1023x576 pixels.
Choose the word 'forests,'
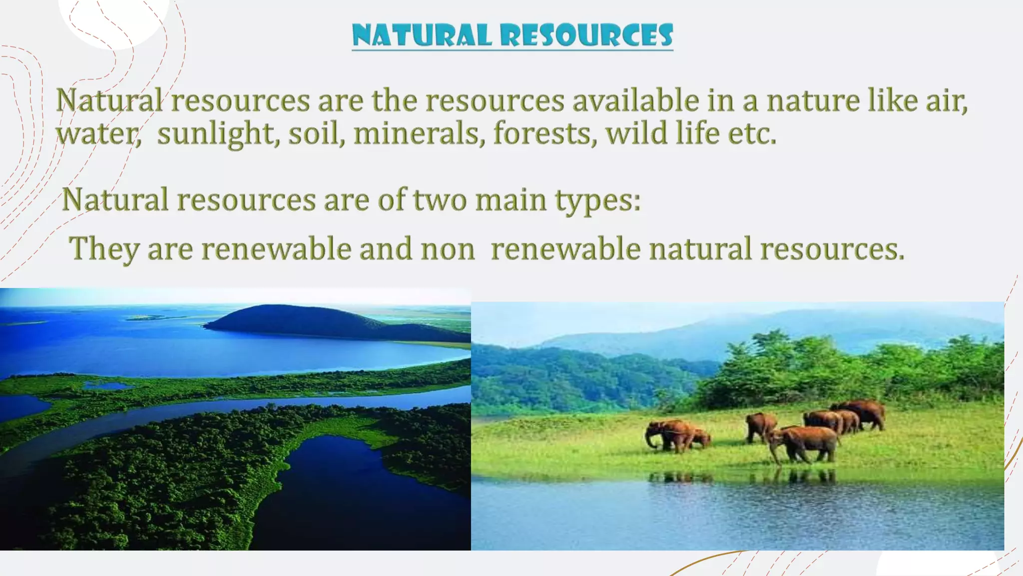click(545, 134)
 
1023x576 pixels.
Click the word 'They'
click(104, 249)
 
